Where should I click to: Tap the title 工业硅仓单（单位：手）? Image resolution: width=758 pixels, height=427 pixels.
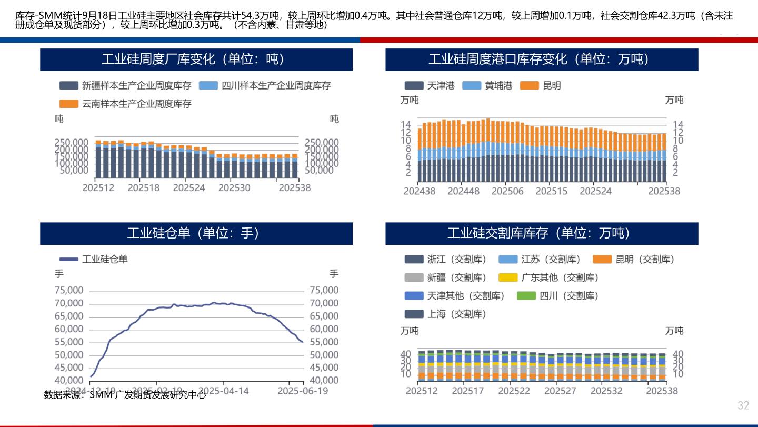tap(196, 233)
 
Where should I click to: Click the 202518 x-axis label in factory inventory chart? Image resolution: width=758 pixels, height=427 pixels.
tap(144, 187)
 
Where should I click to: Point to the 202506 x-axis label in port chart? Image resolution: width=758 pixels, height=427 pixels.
tap(508, 191)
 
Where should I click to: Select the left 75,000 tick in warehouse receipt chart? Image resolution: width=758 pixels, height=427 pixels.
tap(69, 291)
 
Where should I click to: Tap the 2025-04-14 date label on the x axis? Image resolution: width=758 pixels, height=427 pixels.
tap(222, 391)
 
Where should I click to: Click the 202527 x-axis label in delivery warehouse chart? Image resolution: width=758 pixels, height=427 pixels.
tap(560, 391)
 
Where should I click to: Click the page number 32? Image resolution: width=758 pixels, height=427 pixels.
tap(743, 405)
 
